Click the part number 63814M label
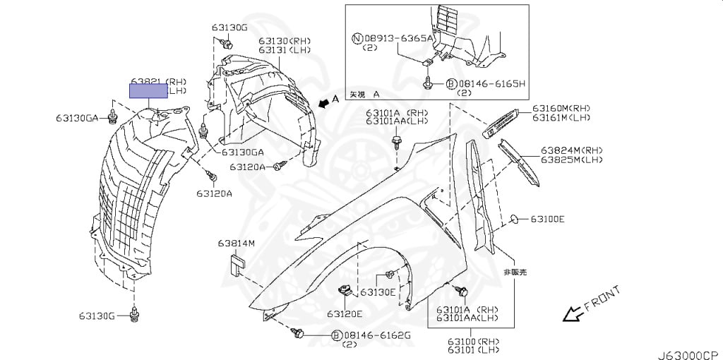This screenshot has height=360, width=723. click(236, 244)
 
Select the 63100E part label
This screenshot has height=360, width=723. click(547, 219)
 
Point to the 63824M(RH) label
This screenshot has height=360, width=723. click(573, 150)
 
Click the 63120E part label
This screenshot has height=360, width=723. click(344, 313)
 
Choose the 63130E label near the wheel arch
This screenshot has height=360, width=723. click(378, 292)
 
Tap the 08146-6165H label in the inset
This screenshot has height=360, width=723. click(491, 83)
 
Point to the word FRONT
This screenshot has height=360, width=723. click(602, 299)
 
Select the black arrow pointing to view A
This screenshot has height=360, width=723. click(323, 104)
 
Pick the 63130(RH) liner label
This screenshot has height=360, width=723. click(283, 41)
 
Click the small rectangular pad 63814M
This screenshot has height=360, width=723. click(235, 265)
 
